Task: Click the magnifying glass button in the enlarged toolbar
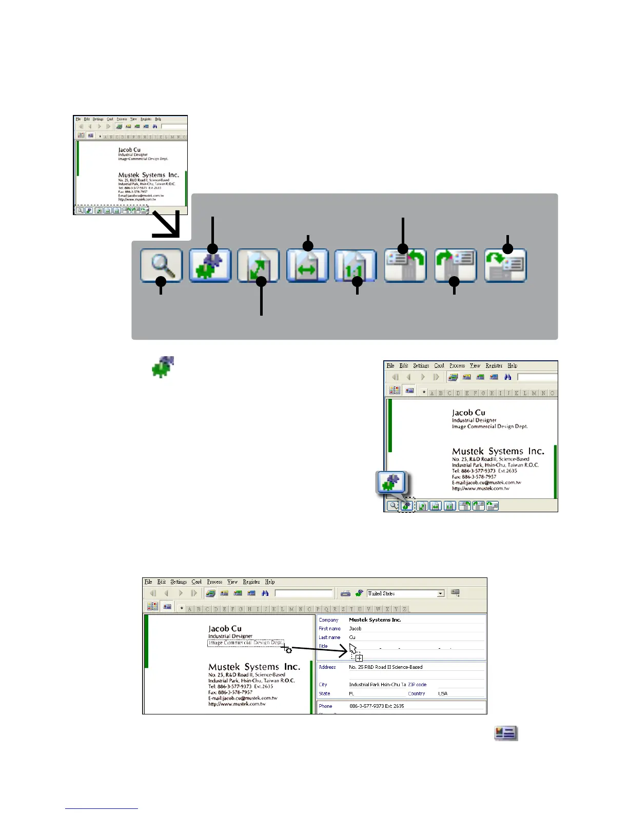[x=162, y=265]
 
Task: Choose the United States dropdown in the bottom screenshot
[x=405, y=593]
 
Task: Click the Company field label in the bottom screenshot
[x=328, y=620]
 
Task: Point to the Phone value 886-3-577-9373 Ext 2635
[x=377, y=706]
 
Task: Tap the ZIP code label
[x=417, y=685]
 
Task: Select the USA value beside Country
[x=442, y=693]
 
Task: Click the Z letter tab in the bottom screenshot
[x=405, y=609]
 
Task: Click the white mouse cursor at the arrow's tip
[x=353, y=648]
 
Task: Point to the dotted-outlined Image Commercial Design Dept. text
[x=245, y=643]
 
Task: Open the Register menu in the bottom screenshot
[x=251, y=582]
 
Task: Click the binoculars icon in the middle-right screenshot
[x=507, y=377]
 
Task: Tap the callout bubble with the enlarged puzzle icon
[x=391, y=482]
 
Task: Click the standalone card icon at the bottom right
[x=506, y=733]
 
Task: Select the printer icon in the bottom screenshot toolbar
[x=345, y=593]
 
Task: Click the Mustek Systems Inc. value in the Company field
[x=375, y=620]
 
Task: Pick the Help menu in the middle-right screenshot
[x=512, y=366]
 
